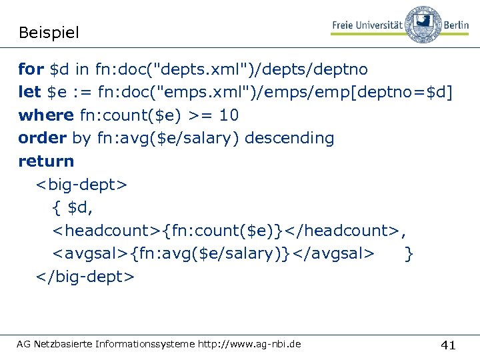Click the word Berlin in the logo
tap(456, 25)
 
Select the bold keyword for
tap(31, 69)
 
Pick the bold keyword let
tap(29, 92)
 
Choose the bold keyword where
tap(46, 115)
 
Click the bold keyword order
tap(42, 138)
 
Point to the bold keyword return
tap(47, 161)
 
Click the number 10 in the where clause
tap(229, 115)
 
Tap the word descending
tap(289, 138)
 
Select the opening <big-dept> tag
tap(82, 184)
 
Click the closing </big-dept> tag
tap(85, 276)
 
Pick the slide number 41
tap(449, 345)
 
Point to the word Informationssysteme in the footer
tap(145, 344)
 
